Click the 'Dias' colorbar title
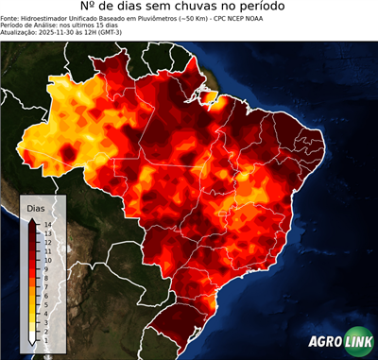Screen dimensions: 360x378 point(36,207)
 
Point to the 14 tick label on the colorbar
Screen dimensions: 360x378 point(46,224)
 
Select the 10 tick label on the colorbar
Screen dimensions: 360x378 point(46,259)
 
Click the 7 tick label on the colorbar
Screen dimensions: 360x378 point(44,285)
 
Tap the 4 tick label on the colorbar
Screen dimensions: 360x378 point(44,312)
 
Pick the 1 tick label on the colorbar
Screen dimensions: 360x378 point(44,338)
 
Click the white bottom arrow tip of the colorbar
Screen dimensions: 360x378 point(32,342)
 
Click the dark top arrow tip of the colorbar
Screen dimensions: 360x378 point(32,219)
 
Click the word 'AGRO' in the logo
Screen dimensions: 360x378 point(326,343)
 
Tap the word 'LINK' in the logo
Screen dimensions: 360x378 point(358,343)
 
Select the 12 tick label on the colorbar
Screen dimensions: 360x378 point(46,242)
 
